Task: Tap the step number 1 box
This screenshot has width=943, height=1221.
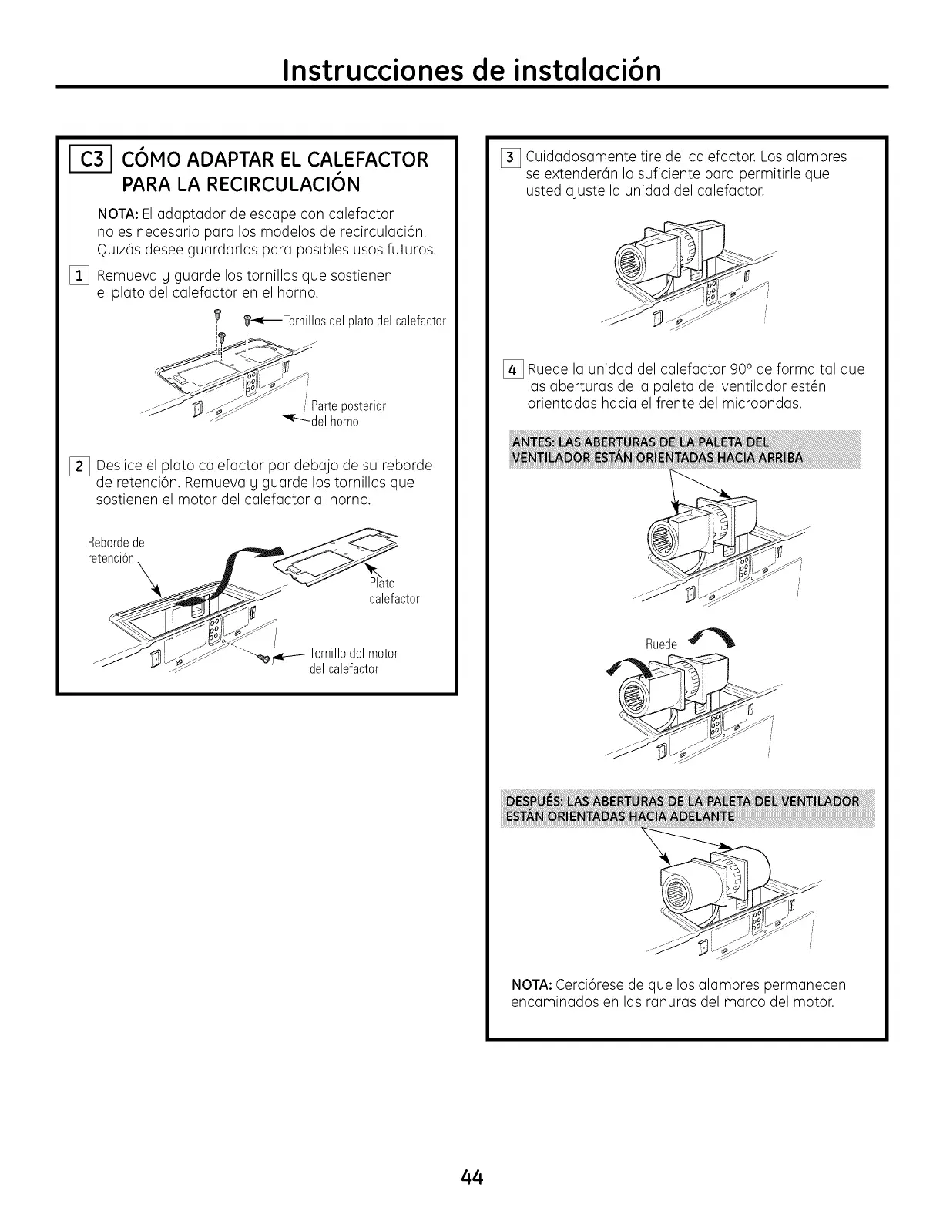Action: point(82,275)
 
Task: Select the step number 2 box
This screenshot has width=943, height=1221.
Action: point(82,466)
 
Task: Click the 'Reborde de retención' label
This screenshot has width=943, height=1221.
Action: point(116,550)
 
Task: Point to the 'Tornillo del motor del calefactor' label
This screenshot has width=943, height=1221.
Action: point(353,661)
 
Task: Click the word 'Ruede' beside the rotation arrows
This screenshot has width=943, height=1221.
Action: point(660,644)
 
